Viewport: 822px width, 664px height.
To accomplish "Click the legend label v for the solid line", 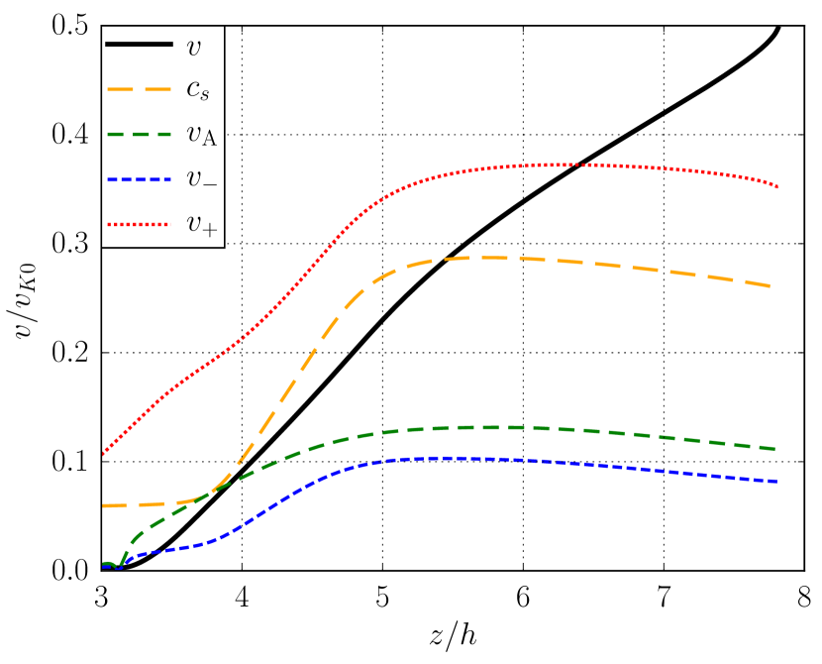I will tap(193, 46).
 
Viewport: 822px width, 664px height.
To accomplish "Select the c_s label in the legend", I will tap(197, 90).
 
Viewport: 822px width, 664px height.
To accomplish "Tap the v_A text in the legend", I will tap(201, 135).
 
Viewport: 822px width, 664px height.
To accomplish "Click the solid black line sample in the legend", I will tap(140, 44).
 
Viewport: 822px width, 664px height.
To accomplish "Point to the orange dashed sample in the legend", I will tap(140, 89).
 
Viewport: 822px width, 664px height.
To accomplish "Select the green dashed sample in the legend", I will tap(140, 134).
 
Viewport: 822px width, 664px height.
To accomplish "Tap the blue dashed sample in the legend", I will tap(140, 178).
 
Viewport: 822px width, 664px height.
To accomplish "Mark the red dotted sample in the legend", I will tap(140, 224).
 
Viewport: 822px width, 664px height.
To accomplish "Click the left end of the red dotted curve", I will tap(103, 454).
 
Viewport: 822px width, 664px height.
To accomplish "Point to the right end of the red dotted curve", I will tap(777, 186).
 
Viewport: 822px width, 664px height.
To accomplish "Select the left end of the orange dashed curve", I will tap(103, 505).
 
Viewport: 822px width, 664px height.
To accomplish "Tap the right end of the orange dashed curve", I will tap(772, 286).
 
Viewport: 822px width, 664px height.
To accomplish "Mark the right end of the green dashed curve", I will tap(776, 449).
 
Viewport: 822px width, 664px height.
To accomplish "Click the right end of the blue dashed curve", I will tap(776, 482).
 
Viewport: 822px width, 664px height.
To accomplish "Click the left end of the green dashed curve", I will tap(103, 564).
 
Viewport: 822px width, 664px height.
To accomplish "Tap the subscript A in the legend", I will tap(209, 140).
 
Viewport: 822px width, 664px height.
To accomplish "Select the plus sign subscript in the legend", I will tap(210, 230).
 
